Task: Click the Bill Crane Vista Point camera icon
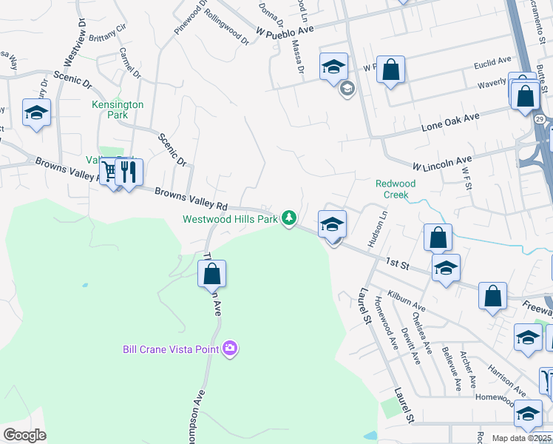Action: tap(230, 348)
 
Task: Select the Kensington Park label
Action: tap(118, 110)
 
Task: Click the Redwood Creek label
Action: tap(396, 189)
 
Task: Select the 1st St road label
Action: tap(397, 263)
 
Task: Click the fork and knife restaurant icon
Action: tap(129, 172)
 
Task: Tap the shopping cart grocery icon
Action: tap(110, 172)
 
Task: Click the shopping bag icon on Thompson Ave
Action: tap(211, 274)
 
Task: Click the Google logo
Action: tap(24, 434)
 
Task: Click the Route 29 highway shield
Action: tap(540, 119)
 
